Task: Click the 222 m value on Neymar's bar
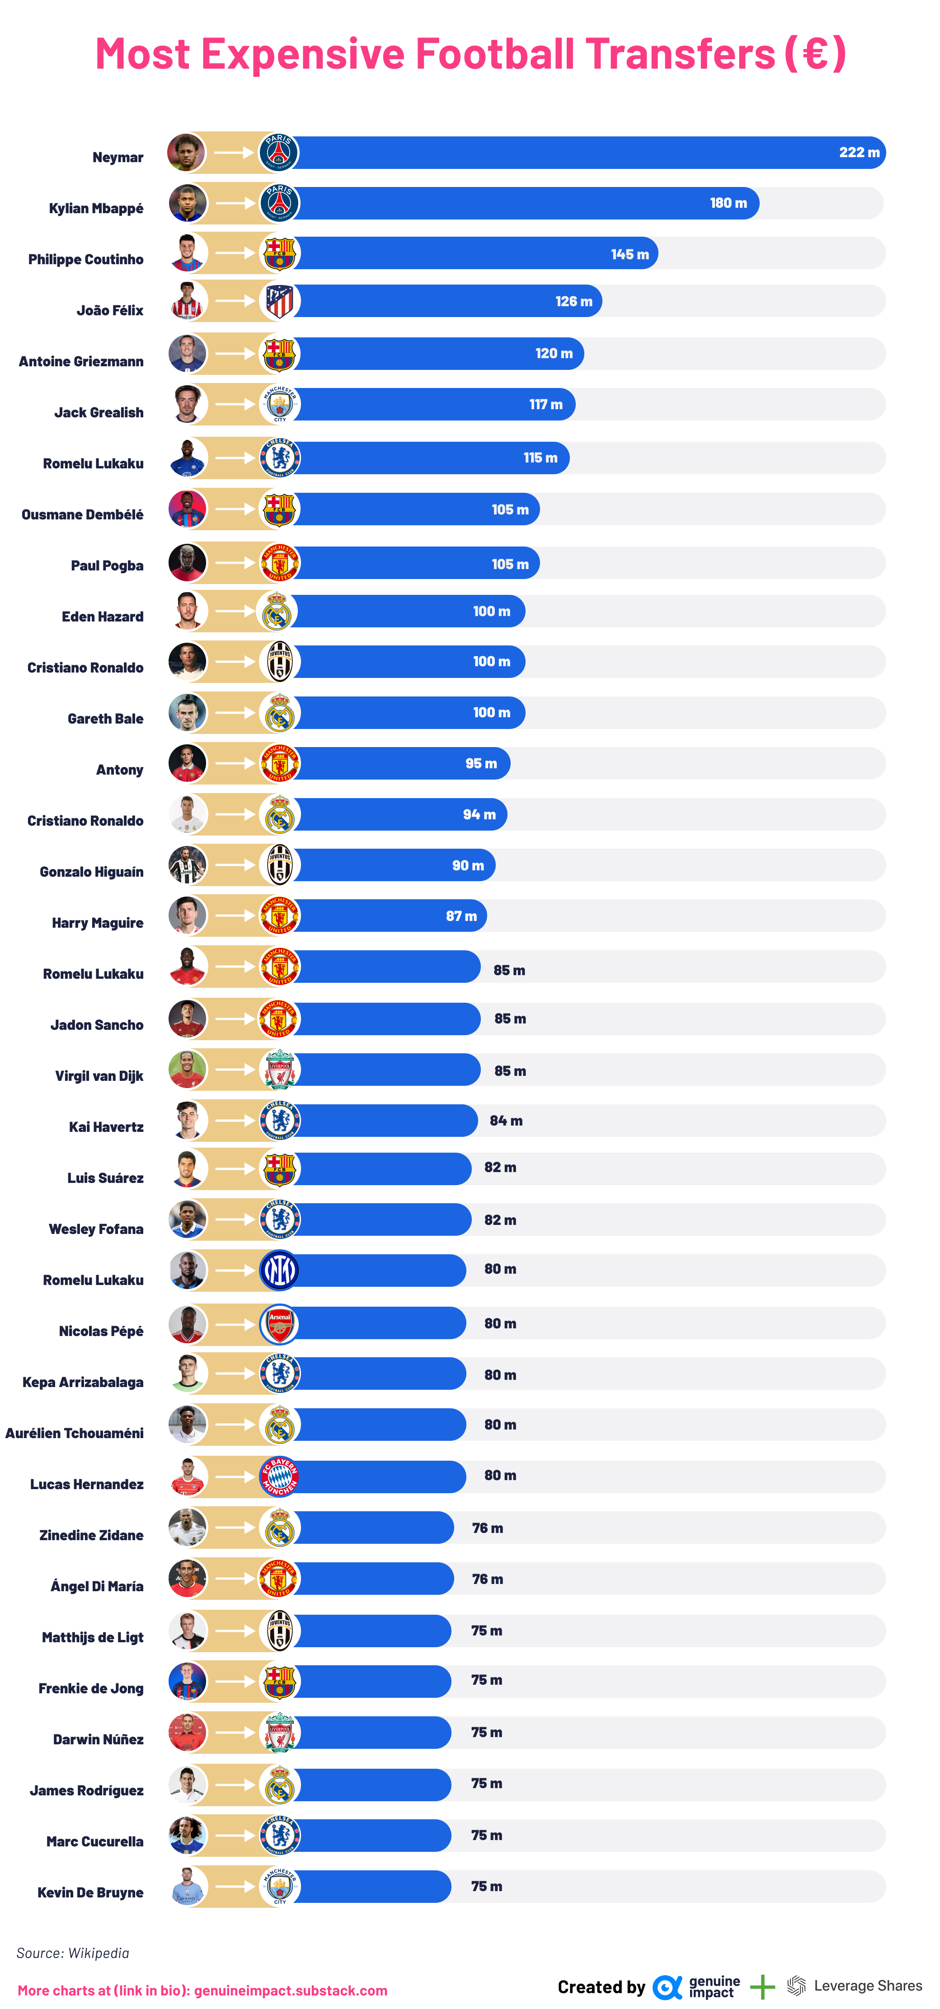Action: point(859,153)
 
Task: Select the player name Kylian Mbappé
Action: point(96,208)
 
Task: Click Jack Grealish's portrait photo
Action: point(187,404)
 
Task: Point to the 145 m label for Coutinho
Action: point(630,254)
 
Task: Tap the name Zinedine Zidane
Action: point(91,1535)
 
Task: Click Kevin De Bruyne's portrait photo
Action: point(187,1887)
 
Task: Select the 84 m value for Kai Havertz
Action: point(506,1121)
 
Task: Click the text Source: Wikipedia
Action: point(73,1953)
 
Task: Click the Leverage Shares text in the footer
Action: point(867,1986)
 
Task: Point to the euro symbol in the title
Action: point(815,54)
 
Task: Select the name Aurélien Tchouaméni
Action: point(74,1433)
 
